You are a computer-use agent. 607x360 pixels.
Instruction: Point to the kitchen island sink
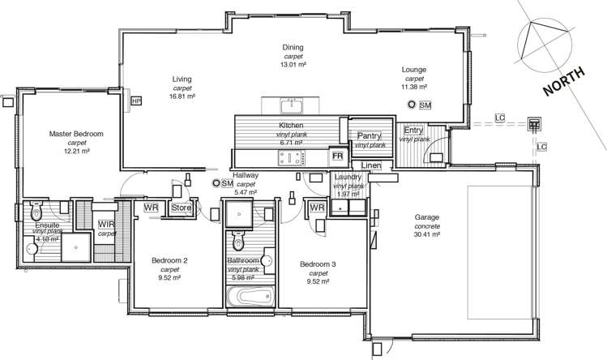pyautogui.click(x=290, y=105)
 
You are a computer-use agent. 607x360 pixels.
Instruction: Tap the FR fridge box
pyautogui.click(x=336, y=154)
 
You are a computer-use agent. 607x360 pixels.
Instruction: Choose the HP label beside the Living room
pyautogui.click(x=135, y=100)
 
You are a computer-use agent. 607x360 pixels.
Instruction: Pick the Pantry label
pyautogui.click(x=368, y=136)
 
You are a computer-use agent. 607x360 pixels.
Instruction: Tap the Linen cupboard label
pyautogui.click(x=370, y=166)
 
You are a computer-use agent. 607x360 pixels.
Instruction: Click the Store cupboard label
pyautogui.click(x=180, y=208)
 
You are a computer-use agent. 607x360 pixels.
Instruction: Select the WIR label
pyautogui.click(x=105, y=224)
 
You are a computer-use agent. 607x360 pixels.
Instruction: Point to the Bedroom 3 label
pyautogui.click(x=317, y=264)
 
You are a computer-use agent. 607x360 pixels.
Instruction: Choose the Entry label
pyautogui.click(x=413, y=130)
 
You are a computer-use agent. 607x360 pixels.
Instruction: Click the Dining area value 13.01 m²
pyautogui.click(x=293, y=64)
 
